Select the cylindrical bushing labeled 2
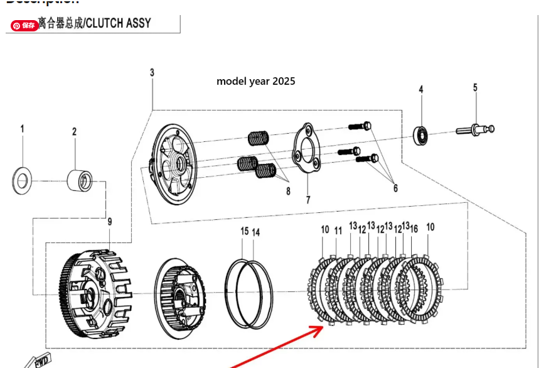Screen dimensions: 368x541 click(80, 180)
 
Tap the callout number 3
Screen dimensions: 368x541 click(152, 73)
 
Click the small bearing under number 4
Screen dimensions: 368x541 click(421, 134)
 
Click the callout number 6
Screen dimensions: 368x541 click(395, 187)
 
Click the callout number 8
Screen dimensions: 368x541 click(288, 192)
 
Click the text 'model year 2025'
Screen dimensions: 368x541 click(255, 81)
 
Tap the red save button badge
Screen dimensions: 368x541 click(24, 26)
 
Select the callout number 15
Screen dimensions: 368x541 click(244, 232)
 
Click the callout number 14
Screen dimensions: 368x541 click(256, 232)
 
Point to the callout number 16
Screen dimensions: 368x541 click(414, 229)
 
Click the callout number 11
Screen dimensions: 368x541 click(338, 230)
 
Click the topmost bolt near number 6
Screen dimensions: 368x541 click(360, 126)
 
